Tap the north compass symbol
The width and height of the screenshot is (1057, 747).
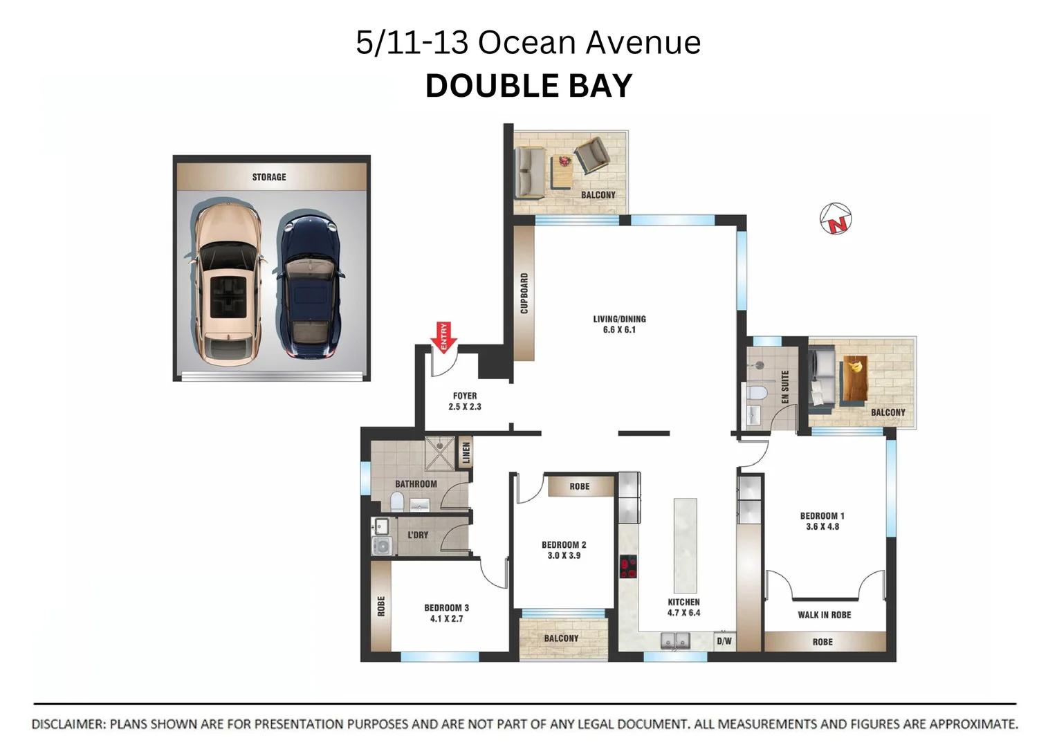pos(835,219)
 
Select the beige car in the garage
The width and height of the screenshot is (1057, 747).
pos(226,284)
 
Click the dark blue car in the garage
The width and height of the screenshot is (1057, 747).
pos(309,285)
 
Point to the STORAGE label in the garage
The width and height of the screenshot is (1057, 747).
pos(269,177)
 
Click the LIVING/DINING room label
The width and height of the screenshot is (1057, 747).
pos(619,319)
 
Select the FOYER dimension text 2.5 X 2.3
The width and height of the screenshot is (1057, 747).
pos(465,407)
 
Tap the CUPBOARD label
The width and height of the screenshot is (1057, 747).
pos(524,293)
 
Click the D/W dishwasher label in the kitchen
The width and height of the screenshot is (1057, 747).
pos(724,641)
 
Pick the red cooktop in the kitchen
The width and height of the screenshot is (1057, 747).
pos(628,567)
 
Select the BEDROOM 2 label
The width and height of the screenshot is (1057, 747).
pos(564,544)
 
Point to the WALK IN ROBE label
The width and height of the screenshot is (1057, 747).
pos(824,615)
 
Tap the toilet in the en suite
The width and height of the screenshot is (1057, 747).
pos(758,393)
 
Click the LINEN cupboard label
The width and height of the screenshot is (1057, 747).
pos(466,452)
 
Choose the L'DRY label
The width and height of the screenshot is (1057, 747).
pos(418,535)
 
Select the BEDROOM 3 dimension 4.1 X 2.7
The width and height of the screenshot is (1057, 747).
pos(447,618)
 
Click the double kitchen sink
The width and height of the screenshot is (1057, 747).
pos(675,641)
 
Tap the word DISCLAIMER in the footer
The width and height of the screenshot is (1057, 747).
pos(68,724)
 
